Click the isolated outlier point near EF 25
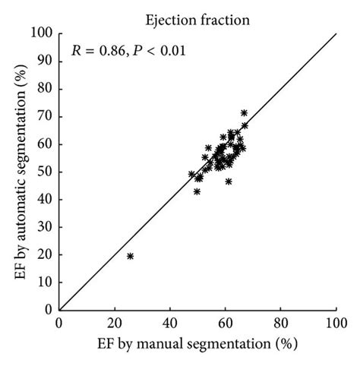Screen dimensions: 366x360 click(130, 256)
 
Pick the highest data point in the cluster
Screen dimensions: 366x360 click(244, 112)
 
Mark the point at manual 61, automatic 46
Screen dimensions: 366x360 click(229, 181)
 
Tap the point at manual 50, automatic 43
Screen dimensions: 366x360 click(197, 191)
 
